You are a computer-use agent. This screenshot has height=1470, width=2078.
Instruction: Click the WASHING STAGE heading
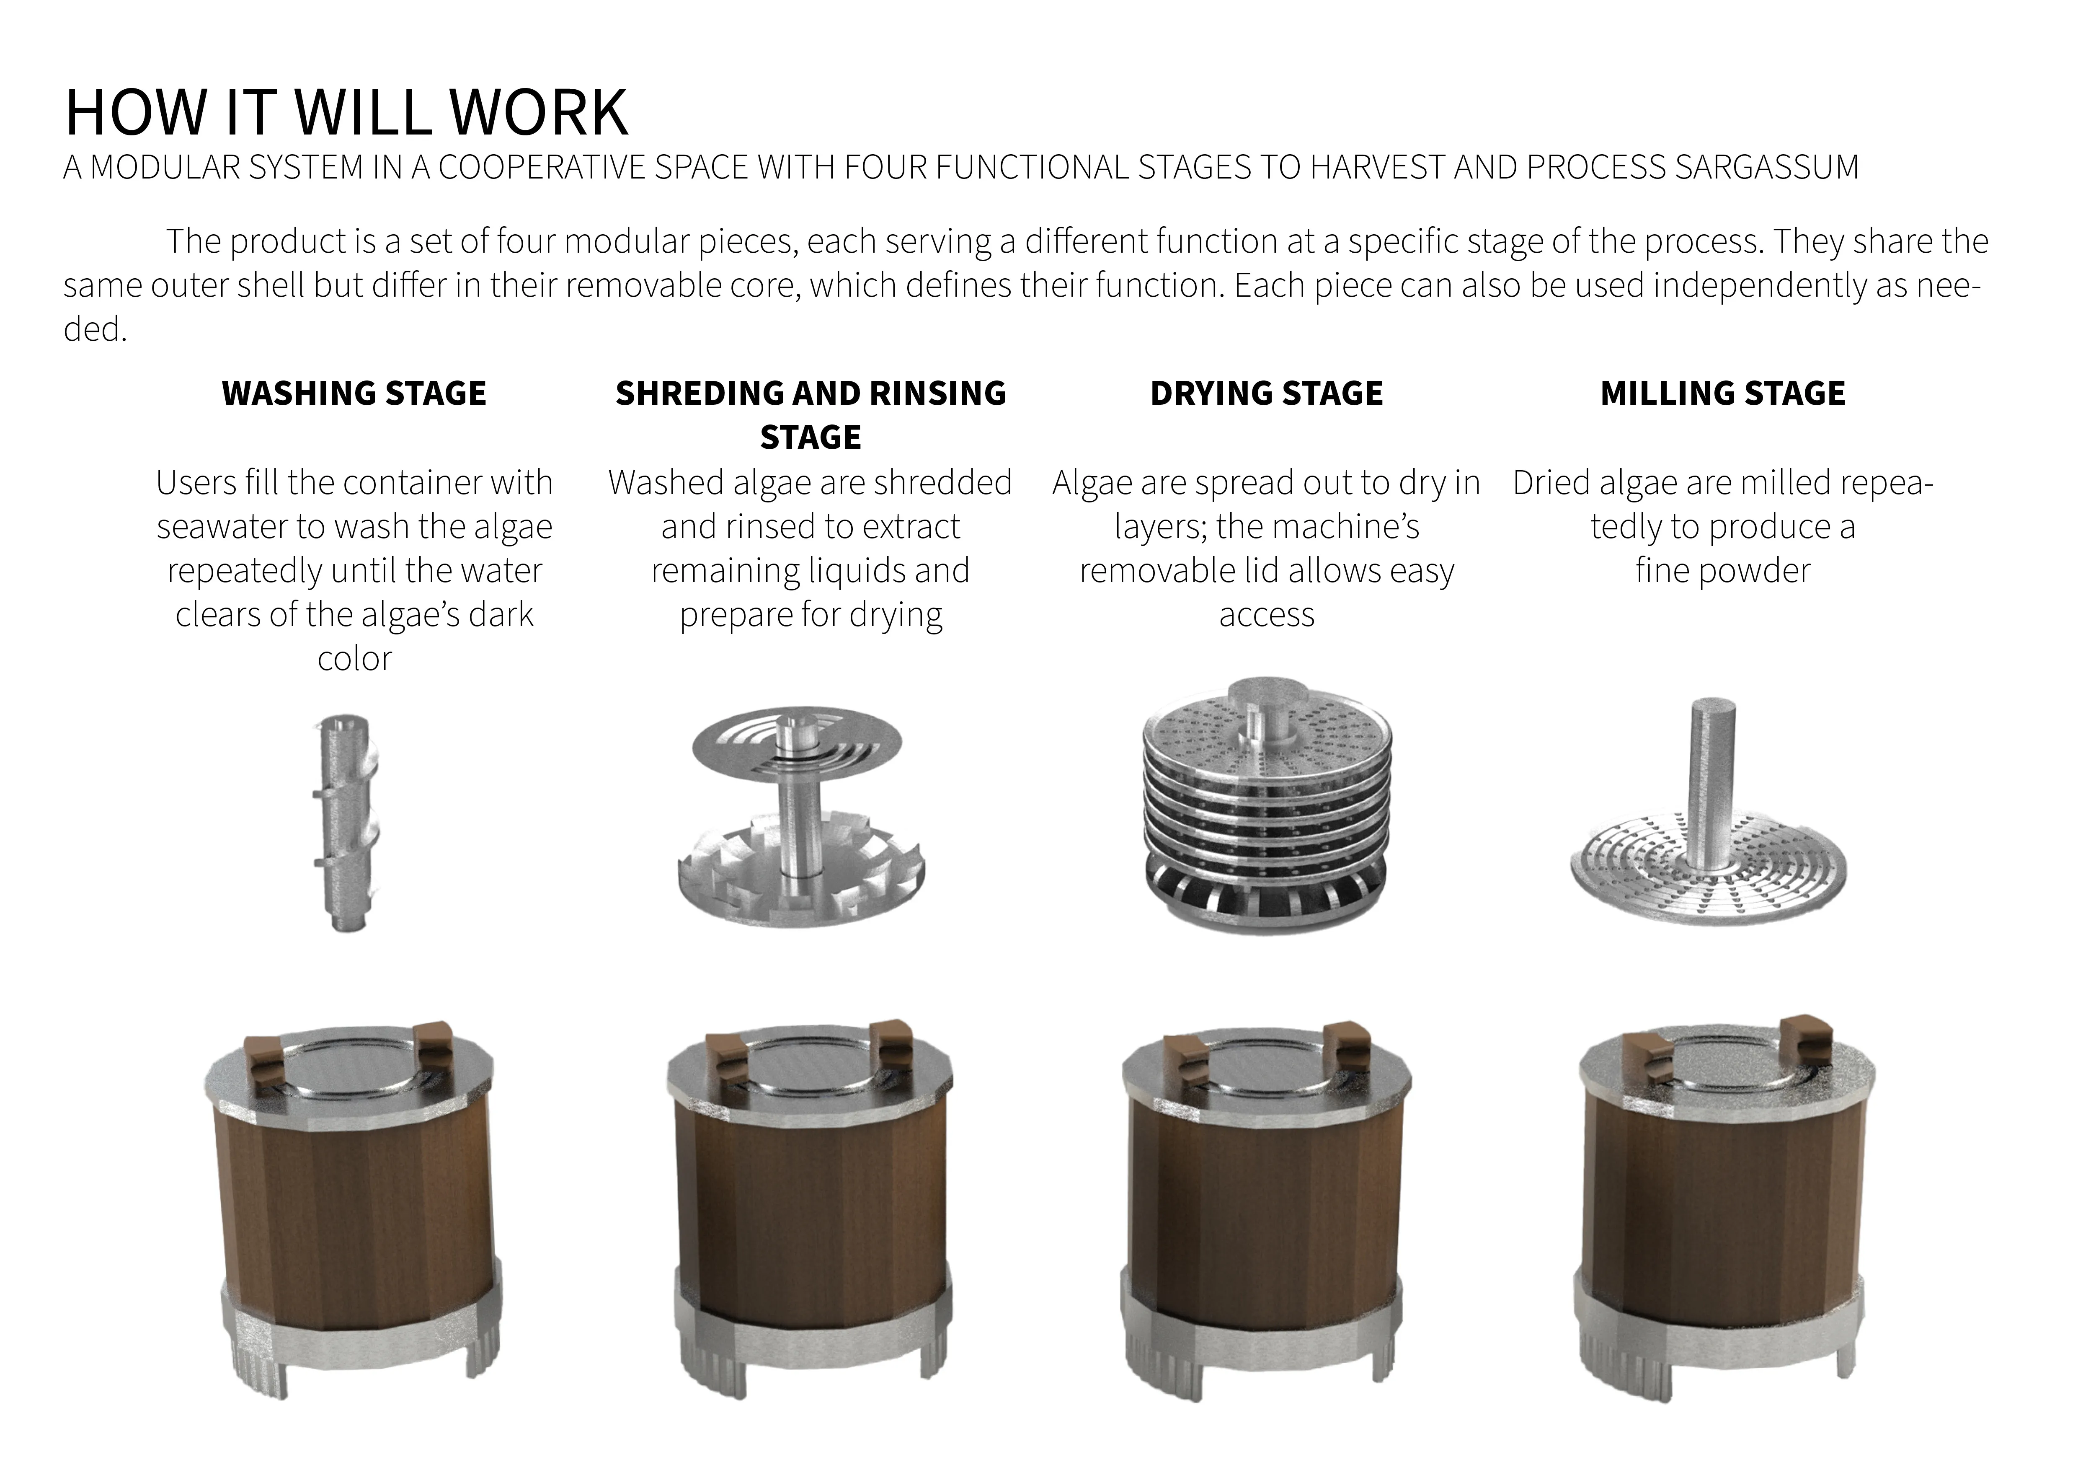click(x=354, y=393)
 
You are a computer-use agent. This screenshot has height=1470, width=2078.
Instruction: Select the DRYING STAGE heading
click(x=1266, y=393)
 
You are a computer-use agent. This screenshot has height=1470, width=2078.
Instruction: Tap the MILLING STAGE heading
click(x=1722, y=393)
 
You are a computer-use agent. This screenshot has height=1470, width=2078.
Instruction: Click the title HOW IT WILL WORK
click(x=347, y=112)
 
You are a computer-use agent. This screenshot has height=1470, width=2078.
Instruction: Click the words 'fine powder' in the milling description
click(x=1722, y=570)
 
